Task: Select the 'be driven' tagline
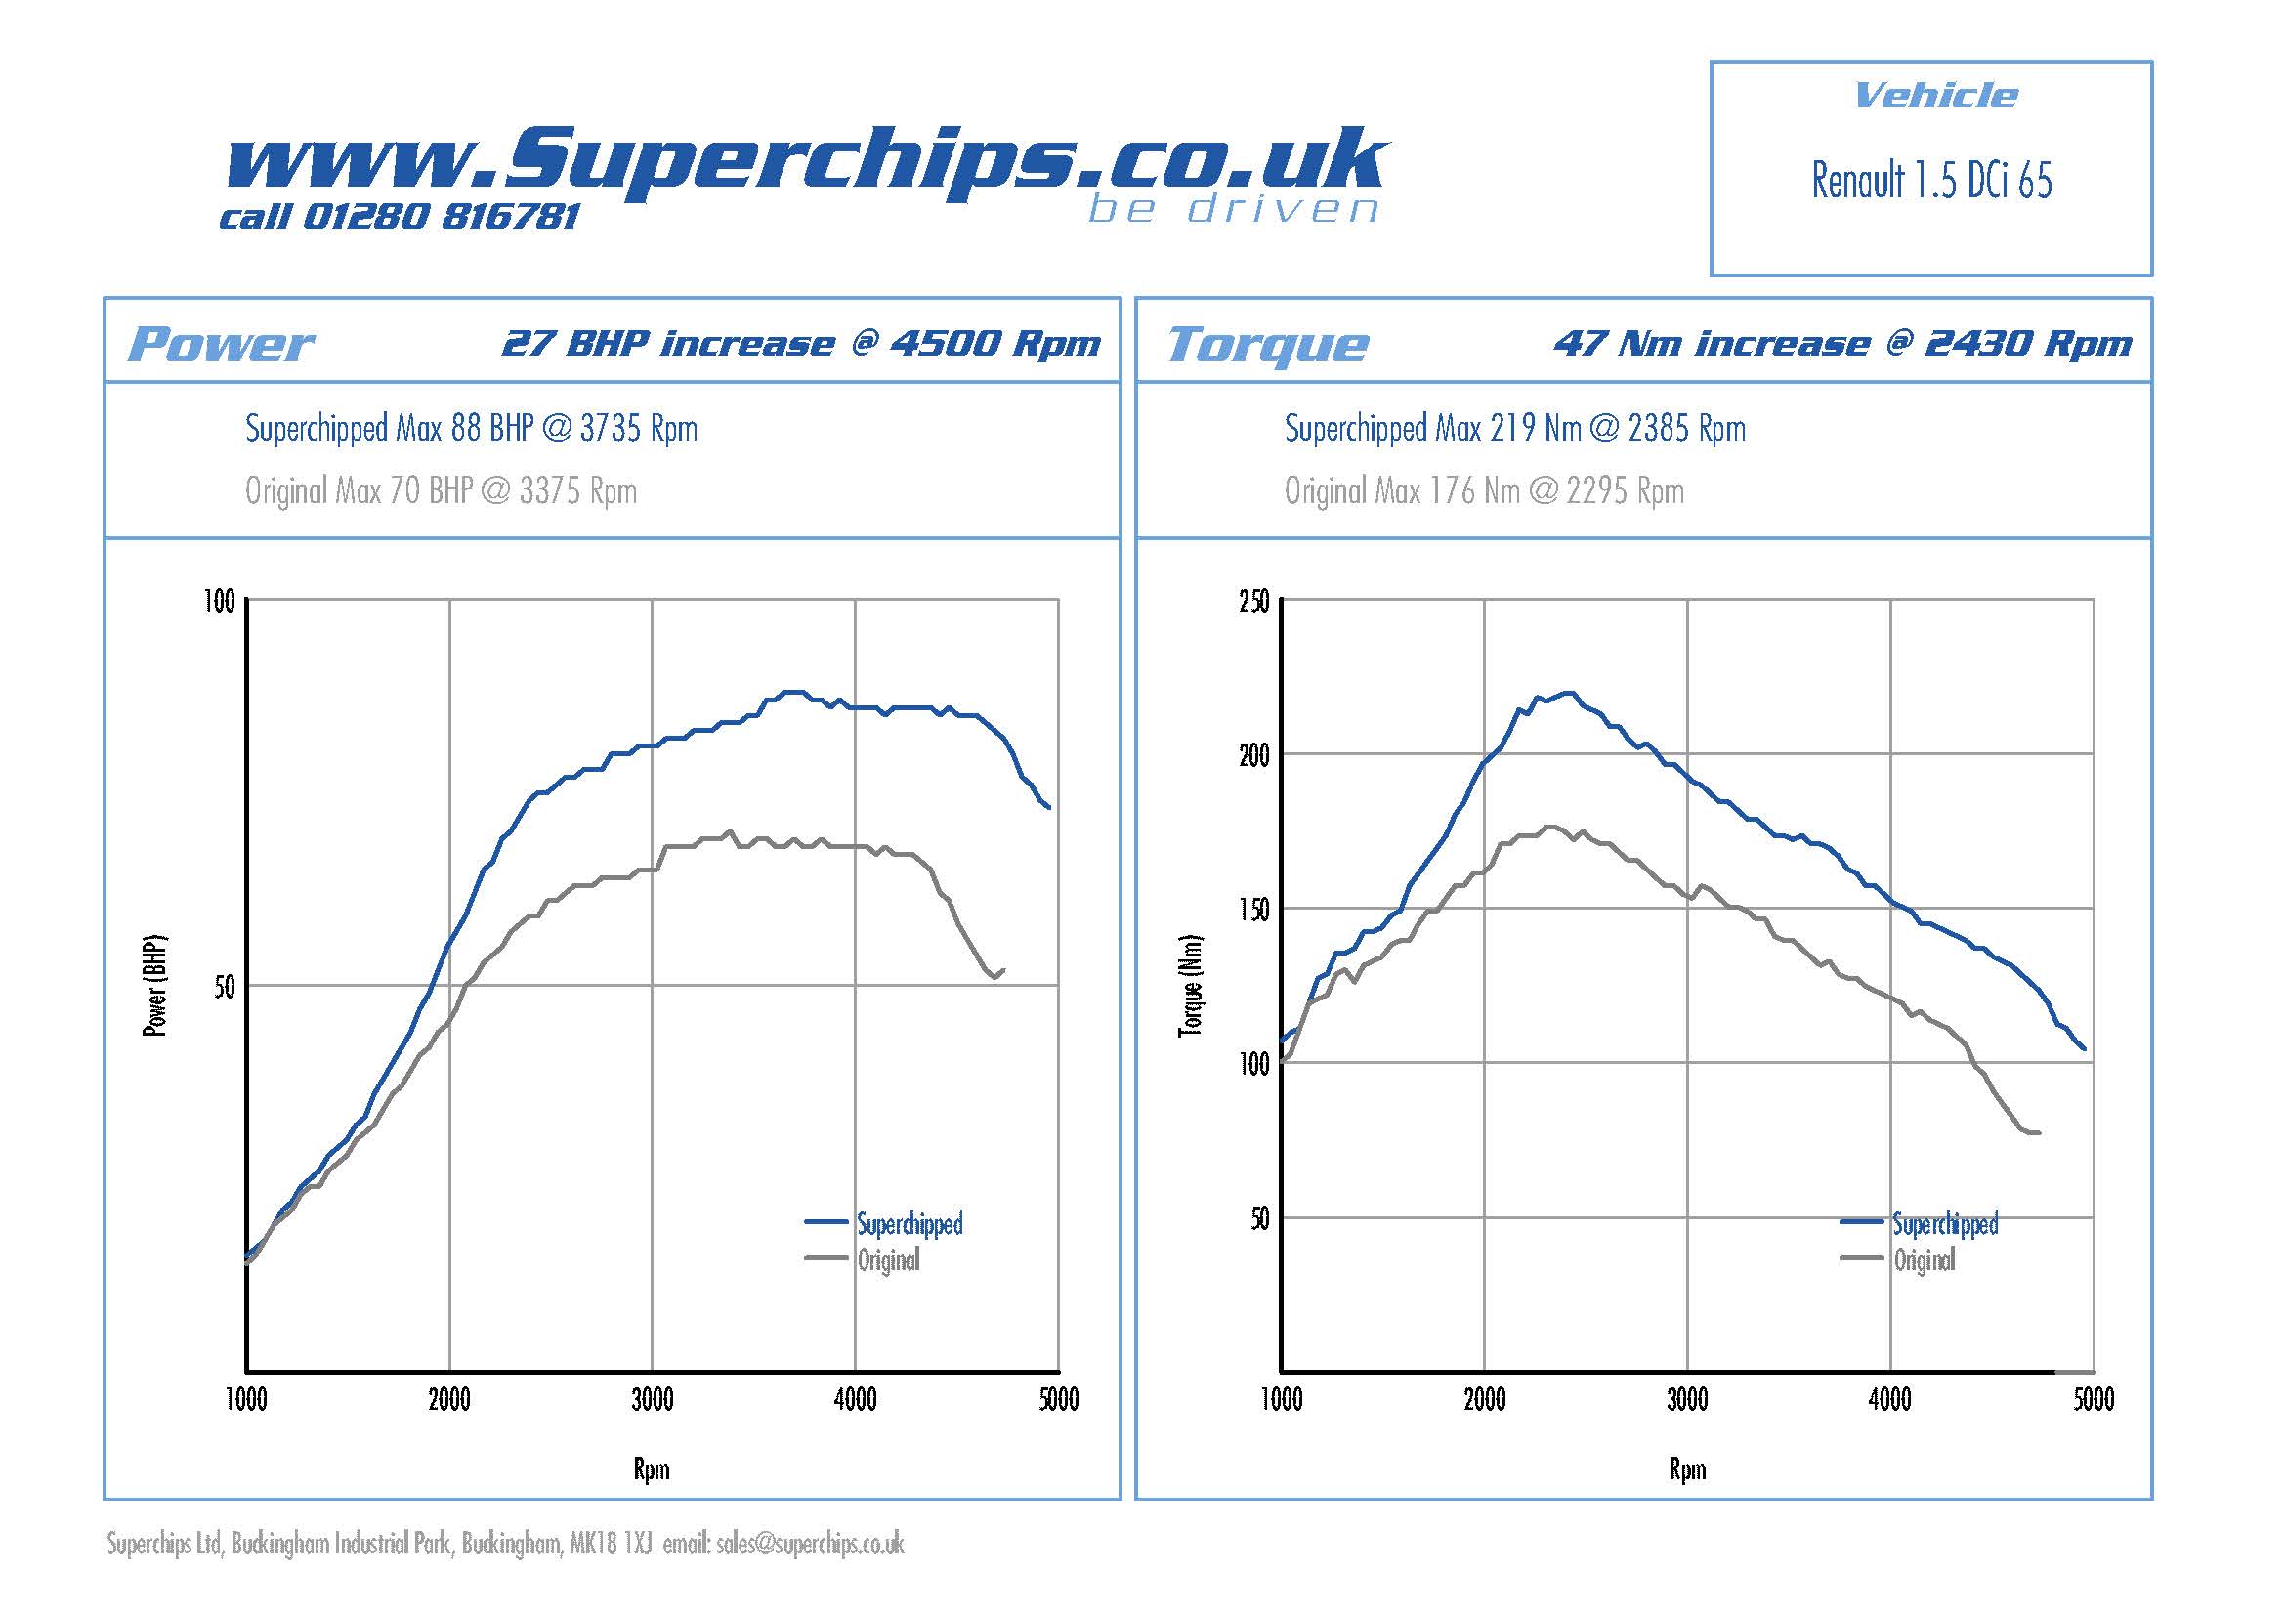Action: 1233,210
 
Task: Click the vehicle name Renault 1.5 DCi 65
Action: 1930,181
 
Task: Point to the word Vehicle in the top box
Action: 1935,96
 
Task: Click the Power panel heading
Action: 221,344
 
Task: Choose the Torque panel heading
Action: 1268,344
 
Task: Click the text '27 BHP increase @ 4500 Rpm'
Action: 801,344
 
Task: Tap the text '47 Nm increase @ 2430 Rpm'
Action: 1842,344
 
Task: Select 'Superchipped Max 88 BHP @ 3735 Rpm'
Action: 471,429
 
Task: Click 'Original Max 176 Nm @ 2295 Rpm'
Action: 1484,490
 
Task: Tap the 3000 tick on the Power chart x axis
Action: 652,1400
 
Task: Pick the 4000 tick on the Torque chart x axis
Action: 1890,1400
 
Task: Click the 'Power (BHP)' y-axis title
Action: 155,986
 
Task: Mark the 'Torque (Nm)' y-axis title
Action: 1190,986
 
